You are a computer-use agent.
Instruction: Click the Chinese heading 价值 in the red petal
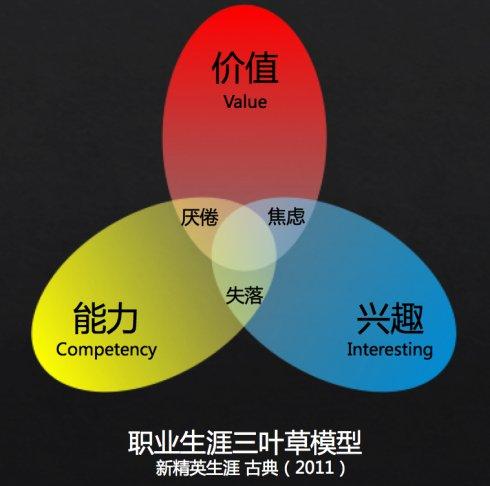[245, 67]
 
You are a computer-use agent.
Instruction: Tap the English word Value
[245, 102]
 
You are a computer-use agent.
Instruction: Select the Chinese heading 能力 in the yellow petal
[105, 318]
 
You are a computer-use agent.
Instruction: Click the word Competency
[106, 350]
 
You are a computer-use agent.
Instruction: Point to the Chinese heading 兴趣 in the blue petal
[390, 318]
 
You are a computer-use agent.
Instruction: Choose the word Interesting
[390, 350]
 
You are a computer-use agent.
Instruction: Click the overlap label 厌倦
[199, 217]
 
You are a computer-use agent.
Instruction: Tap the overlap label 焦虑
[286, 216]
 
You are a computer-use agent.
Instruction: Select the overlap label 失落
[244, 295]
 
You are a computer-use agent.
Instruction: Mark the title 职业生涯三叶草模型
[245, 443]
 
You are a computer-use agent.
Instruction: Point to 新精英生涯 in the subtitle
[198, 468]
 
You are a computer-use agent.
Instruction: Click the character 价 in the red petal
[227, 67]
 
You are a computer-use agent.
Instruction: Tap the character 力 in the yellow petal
[122, 318]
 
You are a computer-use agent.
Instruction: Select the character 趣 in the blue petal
[407, 318]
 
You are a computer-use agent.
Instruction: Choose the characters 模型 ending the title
[336, 443]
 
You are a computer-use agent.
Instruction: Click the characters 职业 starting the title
[154, 443]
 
